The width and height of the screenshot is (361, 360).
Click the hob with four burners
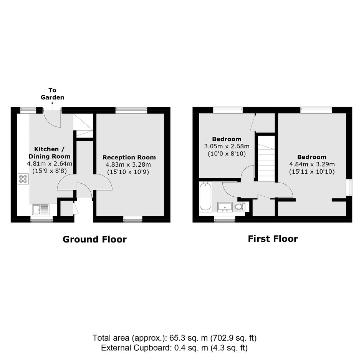coord(23,179)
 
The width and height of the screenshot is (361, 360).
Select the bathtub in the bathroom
coord(205,196)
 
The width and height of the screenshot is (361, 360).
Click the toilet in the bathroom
coord(240,207)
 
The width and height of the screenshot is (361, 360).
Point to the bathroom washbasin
coord(225,207)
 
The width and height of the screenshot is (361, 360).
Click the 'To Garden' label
coord(52,94)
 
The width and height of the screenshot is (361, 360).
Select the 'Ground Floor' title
coord(94,239)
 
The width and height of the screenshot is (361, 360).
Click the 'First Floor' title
coord(273,239)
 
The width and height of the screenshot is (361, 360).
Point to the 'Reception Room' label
coord(129,158)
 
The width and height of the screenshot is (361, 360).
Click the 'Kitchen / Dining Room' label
coord(50,153)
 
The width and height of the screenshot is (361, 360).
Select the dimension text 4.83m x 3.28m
coord(128,165)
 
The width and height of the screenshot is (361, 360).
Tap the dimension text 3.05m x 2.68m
coord(227,146)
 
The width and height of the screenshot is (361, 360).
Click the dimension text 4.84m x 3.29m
coord(312,164)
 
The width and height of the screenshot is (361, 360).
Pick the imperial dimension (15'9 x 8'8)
coord(50,171)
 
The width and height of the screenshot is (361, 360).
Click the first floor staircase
coord(266,159)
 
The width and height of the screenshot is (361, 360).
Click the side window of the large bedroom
coord(350,187)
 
